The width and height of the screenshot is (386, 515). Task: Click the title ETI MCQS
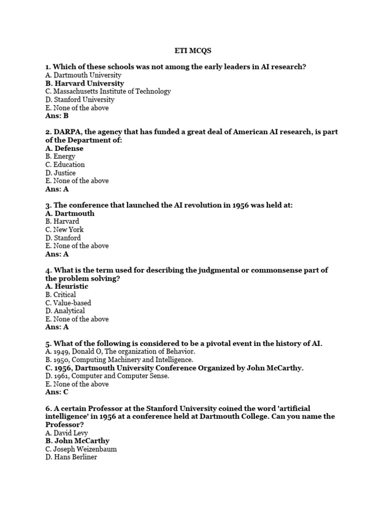(x=193, y=50)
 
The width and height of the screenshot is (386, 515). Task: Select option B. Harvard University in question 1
(x=84, y=83)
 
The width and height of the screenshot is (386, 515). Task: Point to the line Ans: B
(x=57, y=116)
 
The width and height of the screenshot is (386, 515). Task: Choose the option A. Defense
(x=64, y=148)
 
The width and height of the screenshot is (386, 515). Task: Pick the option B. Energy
(x=60, y=156)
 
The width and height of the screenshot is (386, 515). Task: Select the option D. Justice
(x=60, y=173)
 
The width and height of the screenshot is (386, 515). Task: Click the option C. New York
(x=64, y=230)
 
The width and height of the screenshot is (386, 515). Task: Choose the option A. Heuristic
(x=67, y=286)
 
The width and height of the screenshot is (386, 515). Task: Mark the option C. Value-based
(x=68, y=303)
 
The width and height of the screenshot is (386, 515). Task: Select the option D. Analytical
(x=65, y=311)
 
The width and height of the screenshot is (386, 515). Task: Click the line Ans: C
(x=57, y=392)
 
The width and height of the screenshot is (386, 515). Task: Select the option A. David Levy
(x=66, y=433)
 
